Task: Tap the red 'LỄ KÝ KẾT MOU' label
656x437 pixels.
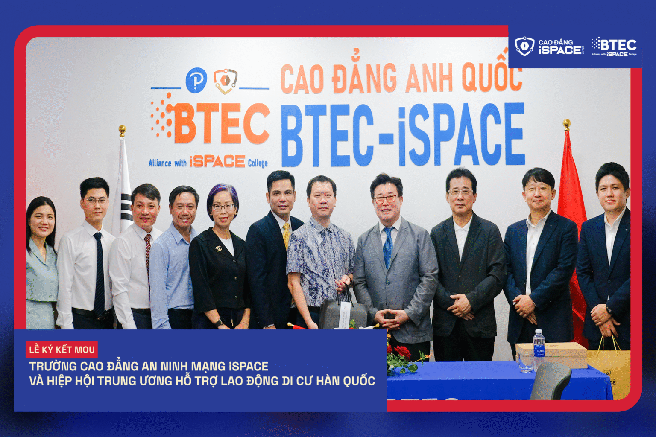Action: (62, 350)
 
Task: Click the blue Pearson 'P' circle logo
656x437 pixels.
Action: (196, 80)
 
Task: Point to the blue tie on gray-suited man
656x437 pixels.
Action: (388, 248)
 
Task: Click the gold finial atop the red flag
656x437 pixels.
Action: (567, 124)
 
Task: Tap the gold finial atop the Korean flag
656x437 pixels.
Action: (122, 129)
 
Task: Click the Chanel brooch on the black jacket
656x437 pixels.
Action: (218, 248)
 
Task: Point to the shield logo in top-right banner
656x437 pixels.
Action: (524, 46)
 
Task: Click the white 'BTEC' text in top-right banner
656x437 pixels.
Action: (618, 44)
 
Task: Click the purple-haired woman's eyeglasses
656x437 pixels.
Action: (223, 208)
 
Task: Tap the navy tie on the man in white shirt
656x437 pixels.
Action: (99, 273)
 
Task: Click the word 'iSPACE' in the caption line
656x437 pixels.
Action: (249, 367)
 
